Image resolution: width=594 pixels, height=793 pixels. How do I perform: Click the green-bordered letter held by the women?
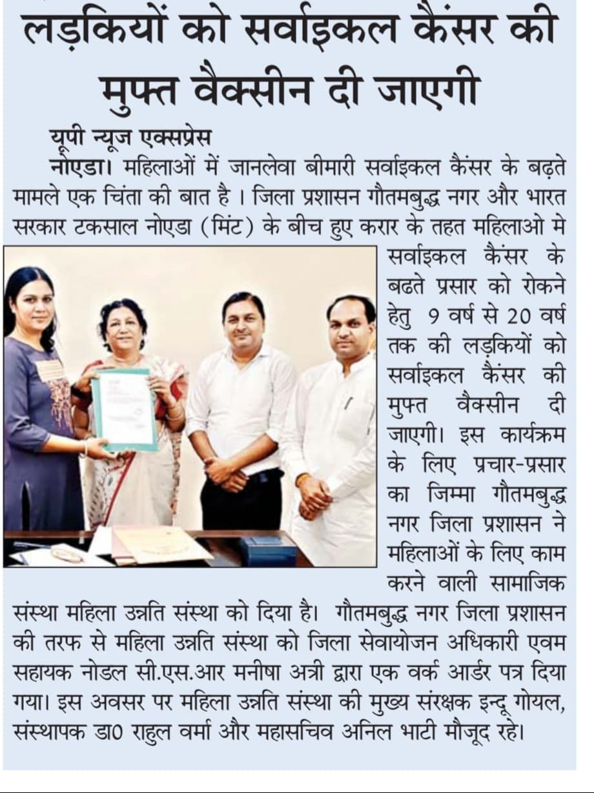point(125,409)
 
